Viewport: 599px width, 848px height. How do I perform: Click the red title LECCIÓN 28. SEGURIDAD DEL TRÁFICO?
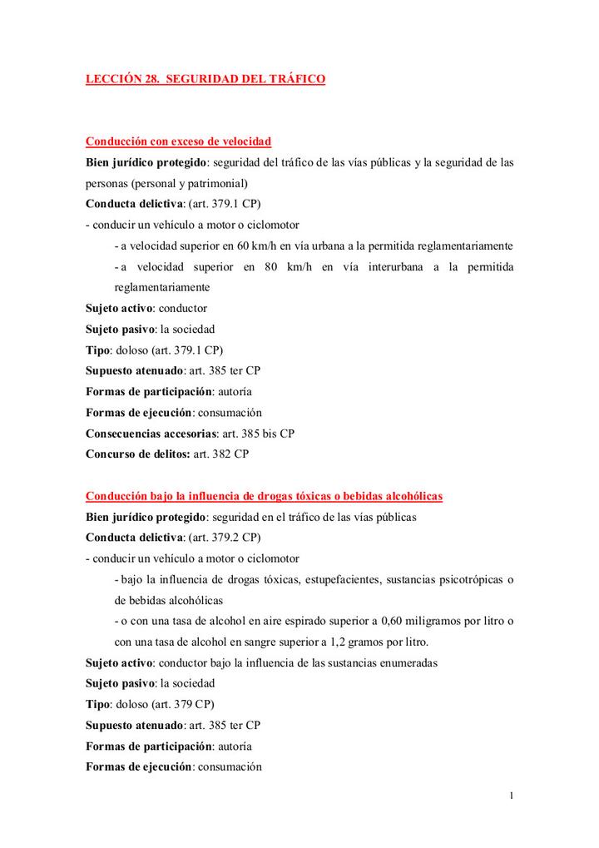point(205,79)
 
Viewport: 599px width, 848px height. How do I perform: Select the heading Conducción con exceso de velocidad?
point(179,141)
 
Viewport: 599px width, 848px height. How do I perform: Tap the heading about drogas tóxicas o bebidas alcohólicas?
point(264,496)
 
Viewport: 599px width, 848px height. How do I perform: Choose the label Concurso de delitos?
point(138,454)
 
